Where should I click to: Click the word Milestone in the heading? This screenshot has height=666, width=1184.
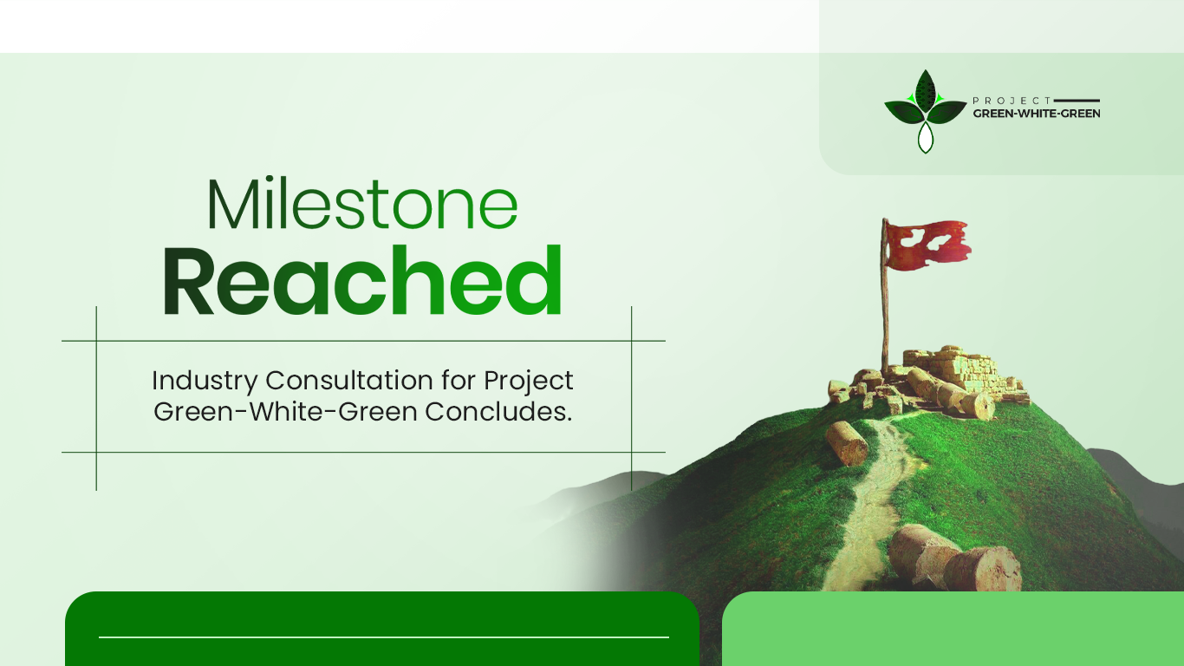(x=362, y=206)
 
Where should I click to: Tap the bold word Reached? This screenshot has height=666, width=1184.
(x=362, y=279)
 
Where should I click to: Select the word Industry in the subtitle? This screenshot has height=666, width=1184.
(x=205, y=381)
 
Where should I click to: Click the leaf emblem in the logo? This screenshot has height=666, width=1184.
(x=925, y=108)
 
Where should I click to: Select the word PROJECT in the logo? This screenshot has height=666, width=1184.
(x=1012, y=101)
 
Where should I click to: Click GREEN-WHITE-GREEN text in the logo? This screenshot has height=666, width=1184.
(x=1037, y=114)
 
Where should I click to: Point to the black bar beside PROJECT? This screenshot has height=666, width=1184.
(x=1077, y=101)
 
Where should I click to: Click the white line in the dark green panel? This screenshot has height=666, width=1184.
(x=383, y=637)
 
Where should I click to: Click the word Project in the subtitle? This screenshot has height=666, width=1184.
(x=529, y=381)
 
